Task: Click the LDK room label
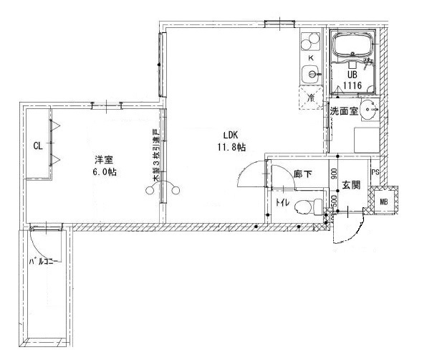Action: pyautogui.click(x=229, y=134)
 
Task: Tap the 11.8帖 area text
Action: pyautogui.click(x=231, y=147)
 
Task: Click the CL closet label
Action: pyautogui.click(x=37, y=146)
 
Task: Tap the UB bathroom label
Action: pyautogui.click(x=352, y=74)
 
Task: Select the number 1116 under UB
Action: pyautogui.click(x=352, y=85)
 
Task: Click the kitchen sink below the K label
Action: pyautogui.click(x=311, y=72)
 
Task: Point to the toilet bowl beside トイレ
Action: pyautogui.click(x=305, y=207)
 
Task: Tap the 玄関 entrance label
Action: pyautogui.click(x=350, y=185)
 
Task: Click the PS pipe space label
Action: pyautogui.click(x=374, y=172)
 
